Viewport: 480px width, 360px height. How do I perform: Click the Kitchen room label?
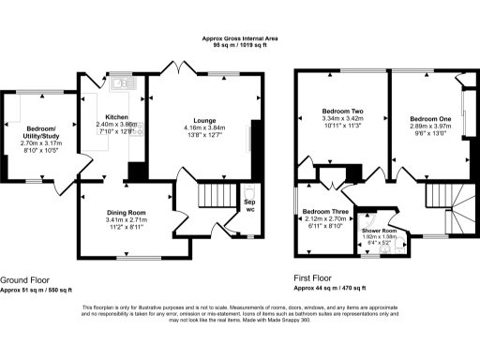tap(116, 116)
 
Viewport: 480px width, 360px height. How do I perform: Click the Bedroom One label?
tap(430, 118)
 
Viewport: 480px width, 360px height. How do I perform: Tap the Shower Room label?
tap(380, 231)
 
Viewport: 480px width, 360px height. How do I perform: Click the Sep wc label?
tap(249, 205)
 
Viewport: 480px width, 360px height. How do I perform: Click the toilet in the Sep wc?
tap(249, 225)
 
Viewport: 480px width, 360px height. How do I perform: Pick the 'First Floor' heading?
tap(315, 279)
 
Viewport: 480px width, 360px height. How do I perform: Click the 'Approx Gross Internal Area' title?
tap(240, 37)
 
